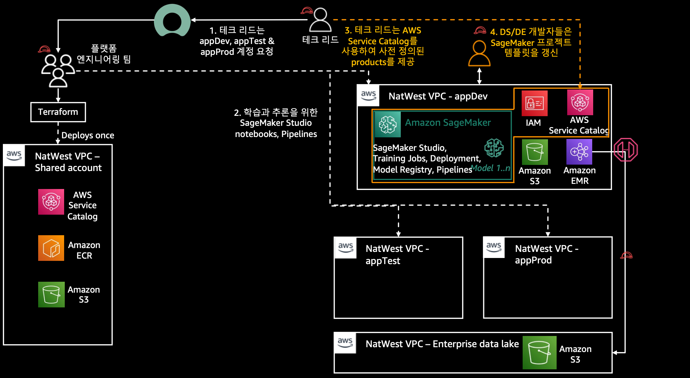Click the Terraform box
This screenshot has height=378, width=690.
pos(58,112)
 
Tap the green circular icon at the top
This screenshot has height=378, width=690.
pos(172,21)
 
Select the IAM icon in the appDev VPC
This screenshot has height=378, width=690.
pos(534,103)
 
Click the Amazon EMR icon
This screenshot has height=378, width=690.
pos(579,152)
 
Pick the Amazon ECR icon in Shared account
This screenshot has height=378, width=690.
pos(51,248)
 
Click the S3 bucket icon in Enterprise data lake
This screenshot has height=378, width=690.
pos(539,352)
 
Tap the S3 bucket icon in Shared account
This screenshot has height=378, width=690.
pos(51,295)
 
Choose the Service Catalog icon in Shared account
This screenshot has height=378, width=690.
pos(51,202)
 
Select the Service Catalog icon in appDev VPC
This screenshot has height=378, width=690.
pos(580,102)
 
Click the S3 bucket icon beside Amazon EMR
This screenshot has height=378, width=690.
pos(535,152)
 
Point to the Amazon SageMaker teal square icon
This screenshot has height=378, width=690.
pos(388,125)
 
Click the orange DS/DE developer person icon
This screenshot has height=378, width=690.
pos(479,53)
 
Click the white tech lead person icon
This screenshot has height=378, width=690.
pos(320,20)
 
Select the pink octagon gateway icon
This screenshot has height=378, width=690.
pos(626,150)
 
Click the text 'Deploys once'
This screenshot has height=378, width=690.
pos(88,135)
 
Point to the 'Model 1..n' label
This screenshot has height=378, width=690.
pos(491,168)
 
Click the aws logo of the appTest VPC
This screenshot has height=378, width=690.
pos(345,247)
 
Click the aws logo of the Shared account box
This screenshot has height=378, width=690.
pos(14,155)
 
